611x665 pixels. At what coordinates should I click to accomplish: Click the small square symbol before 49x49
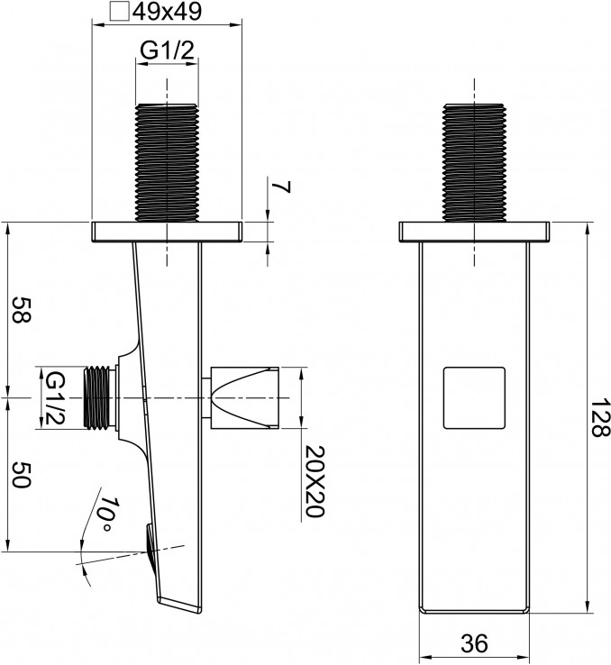click(x=119, y=11)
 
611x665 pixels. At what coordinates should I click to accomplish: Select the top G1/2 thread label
click(x=167, y=50)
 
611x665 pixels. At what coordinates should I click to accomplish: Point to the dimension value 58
click(x=21, y=310)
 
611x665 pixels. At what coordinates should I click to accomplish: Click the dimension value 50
click(x=21, y=475)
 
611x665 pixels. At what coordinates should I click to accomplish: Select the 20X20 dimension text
click(x=315, y=481)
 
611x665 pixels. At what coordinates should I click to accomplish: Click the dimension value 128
click(x=599, y=418)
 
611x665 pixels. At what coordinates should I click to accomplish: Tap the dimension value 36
click(x=474, y=643)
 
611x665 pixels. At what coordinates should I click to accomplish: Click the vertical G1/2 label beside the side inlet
click(x=55, y=398)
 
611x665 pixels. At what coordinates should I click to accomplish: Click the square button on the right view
click(x=474, y=397)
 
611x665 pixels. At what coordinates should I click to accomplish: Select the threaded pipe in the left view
click(x=167, y=162)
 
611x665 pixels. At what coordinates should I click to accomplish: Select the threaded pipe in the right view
click(x=474, y=162)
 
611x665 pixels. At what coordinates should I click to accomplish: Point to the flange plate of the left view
click(x=167, y=232)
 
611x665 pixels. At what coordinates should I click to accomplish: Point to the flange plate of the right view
click(x=474, y=232)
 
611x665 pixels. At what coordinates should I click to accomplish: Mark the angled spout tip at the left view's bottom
click(x=180, y=605)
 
